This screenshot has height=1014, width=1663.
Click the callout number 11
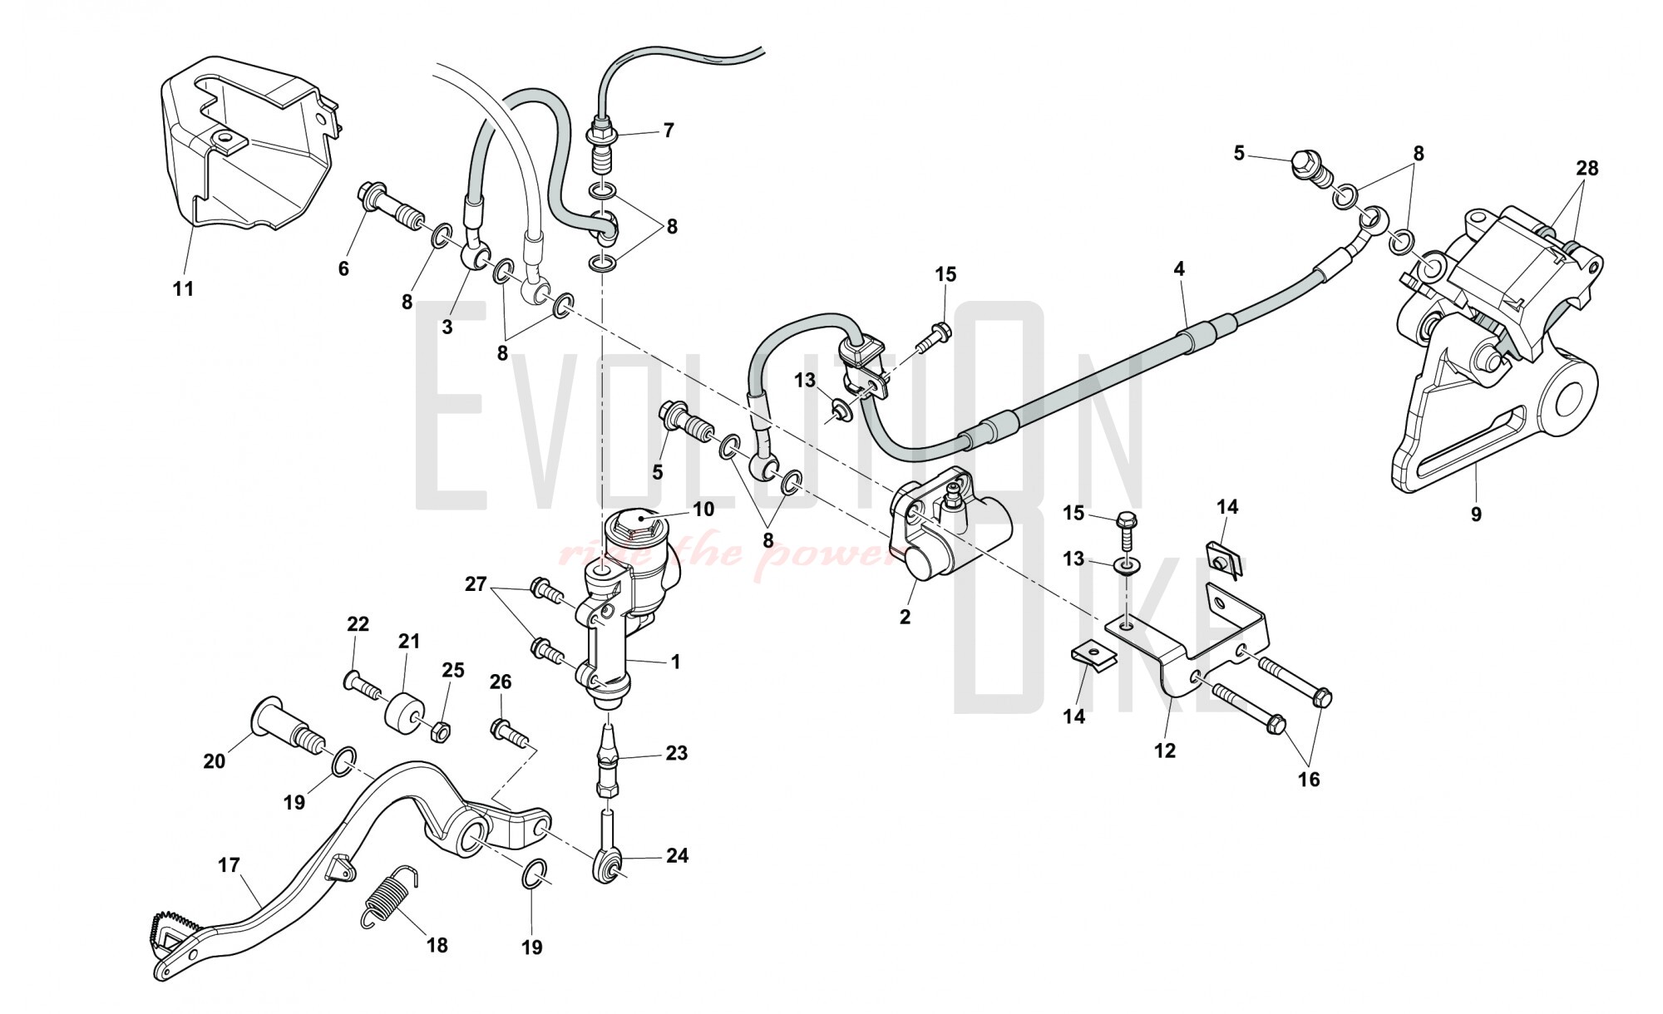(183, 288)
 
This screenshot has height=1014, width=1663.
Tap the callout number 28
(1587, 169)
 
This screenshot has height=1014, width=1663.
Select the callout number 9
(1476, 514)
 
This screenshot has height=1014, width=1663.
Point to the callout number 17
(229, 866)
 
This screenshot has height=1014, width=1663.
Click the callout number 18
(437, 945)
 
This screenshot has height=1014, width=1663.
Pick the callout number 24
(678, 855)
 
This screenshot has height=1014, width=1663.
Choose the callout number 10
(703, 509)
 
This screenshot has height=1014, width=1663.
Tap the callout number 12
(1165, 751)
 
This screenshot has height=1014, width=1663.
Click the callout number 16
(1309, 779)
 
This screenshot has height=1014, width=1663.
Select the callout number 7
(669, 130)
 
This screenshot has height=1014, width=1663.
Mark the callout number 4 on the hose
(1178, 268)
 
